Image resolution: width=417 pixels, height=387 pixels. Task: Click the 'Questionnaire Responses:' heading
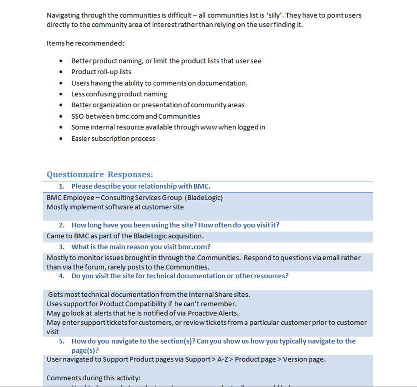click(x=100, y=175)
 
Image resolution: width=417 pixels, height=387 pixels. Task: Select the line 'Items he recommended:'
click(x=85, y=43)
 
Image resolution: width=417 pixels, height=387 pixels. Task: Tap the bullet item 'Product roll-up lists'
click(x=101, y=72)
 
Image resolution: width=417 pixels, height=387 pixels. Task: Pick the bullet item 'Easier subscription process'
click(x=113, y=139)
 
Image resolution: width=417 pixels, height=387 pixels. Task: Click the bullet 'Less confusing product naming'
click(x=119, y=94)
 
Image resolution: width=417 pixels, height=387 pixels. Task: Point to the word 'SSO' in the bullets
click(x=78, y=116)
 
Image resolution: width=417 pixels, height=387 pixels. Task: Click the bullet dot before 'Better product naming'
click(x=62, y=61)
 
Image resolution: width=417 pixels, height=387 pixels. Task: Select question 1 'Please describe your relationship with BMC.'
click(x=143, y=186)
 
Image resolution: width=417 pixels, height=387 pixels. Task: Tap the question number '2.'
click(x=62, y=225)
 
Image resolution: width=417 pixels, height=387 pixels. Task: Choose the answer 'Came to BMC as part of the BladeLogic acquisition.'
click(x=125, y=236)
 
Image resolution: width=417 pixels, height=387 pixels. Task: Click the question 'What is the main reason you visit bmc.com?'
click(x=141, y=247)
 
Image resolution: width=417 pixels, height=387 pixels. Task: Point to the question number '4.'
click(x=62, y=276)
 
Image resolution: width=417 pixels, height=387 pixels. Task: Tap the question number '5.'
click(x=62, y=341)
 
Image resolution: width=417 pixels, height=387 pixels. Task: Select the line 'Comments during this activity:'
click(x=94, y=378)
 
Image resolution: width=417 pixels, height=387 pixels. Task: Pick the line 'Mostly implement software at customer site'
click(x=115, y=207)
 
